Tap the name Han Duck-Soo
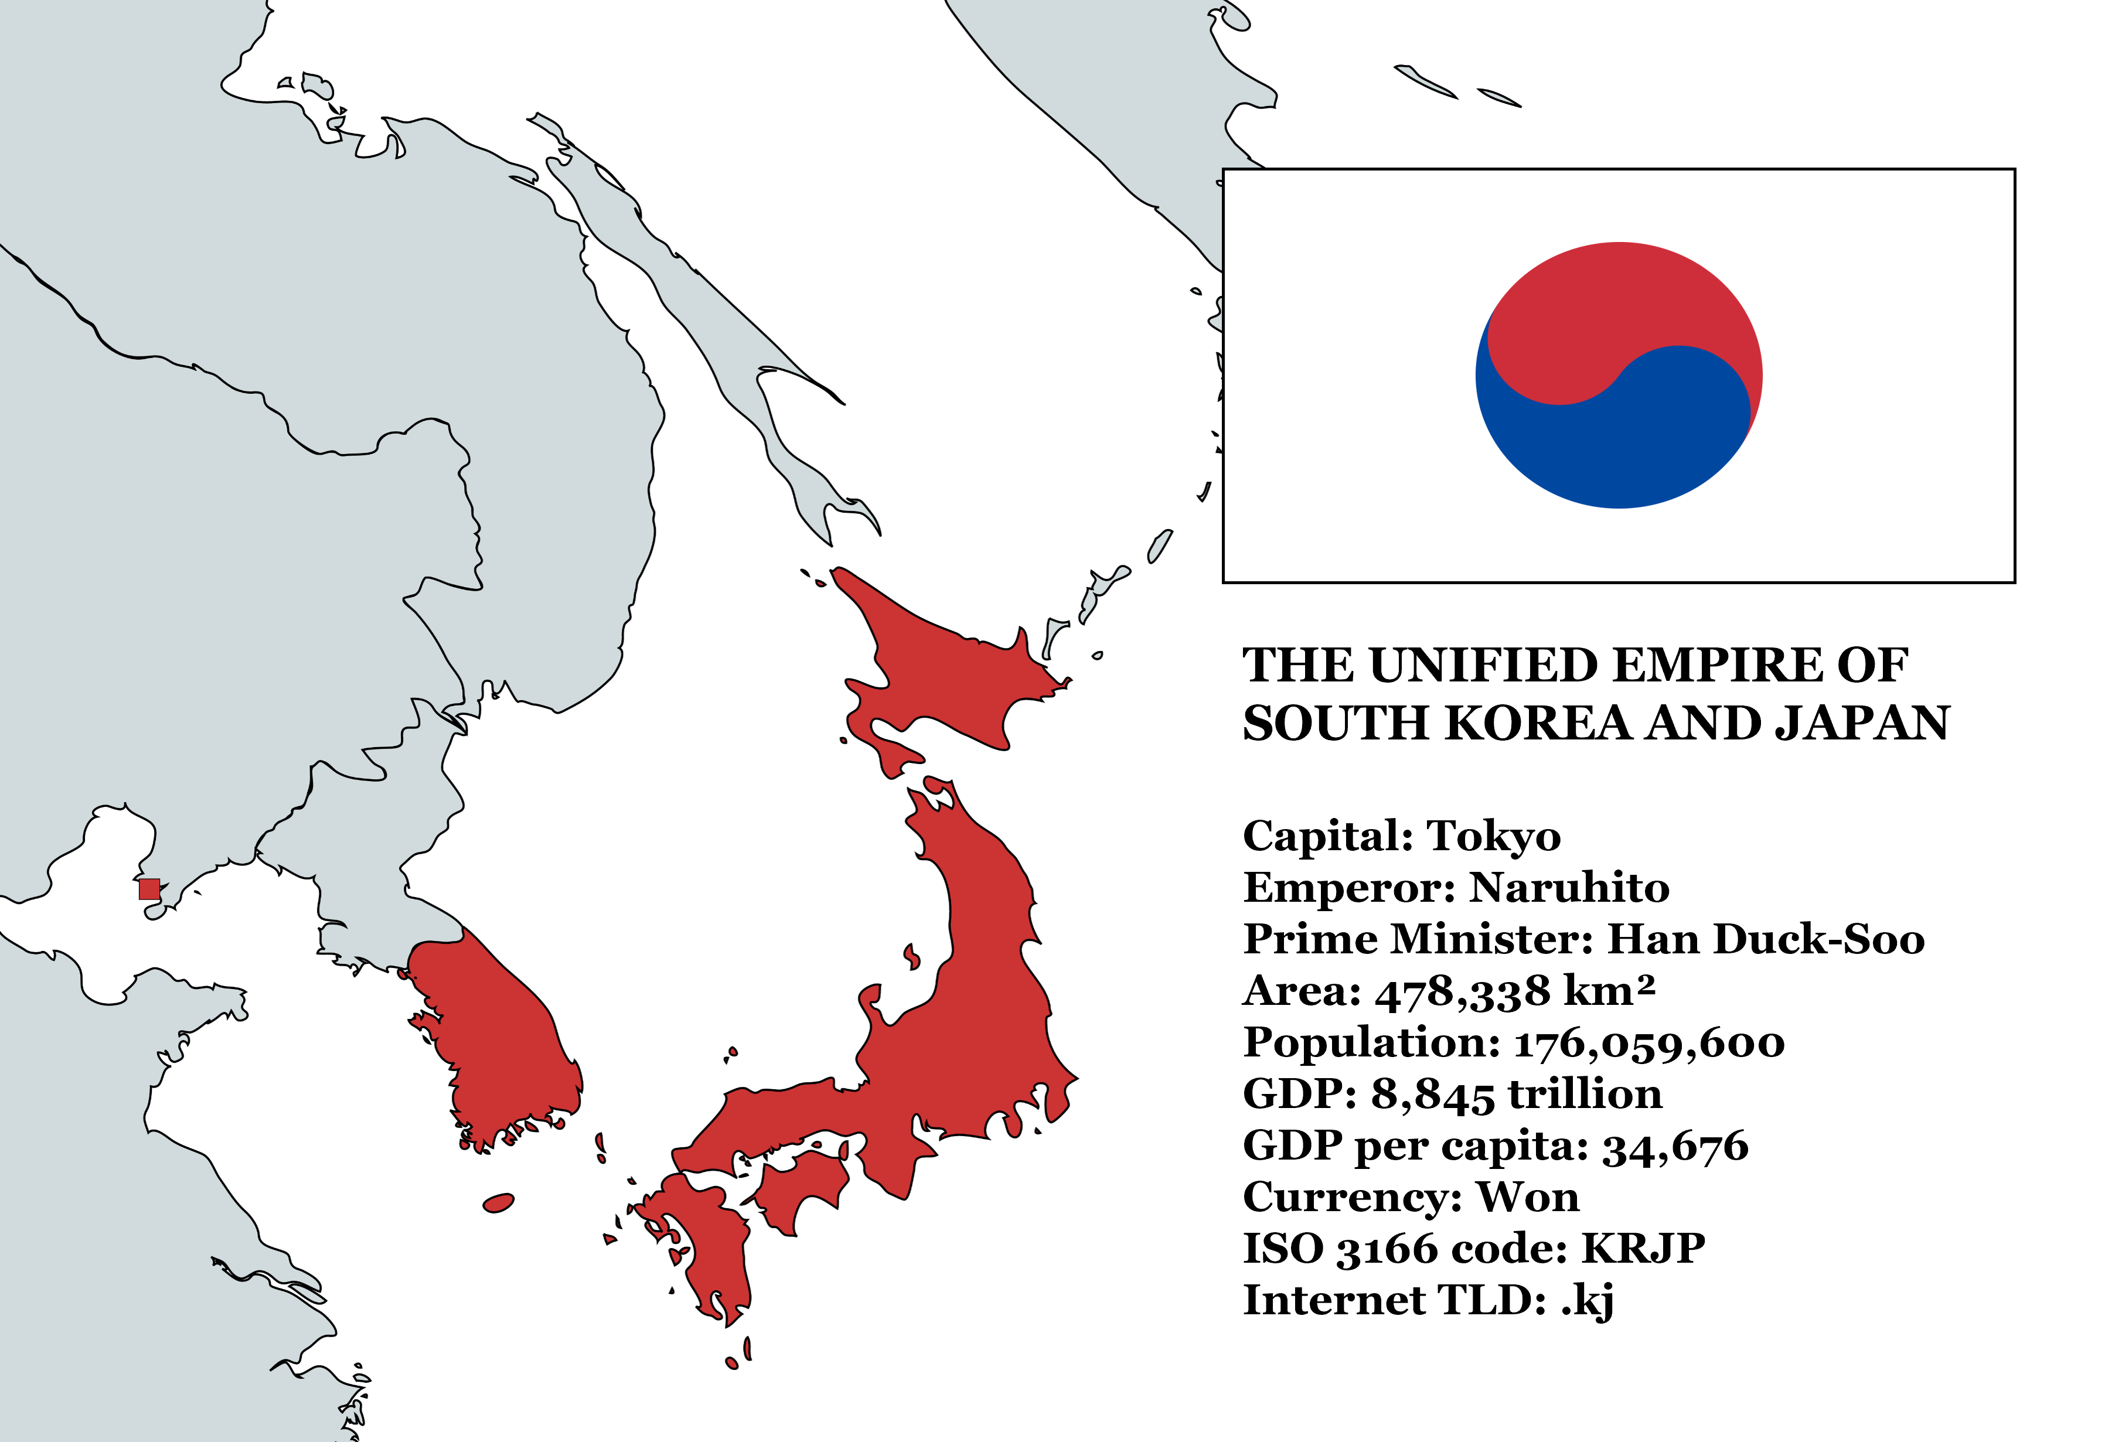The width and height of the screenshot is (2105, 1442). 1765,939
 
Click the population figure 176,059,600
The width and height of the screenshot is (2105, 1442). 1650,1044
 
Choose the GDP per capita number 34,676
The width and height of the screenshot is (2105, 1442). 1675,1147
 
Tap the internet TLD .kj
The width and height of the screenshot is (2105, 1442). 1587,1301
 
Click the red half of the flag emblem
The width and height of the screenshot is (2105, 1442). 1622,308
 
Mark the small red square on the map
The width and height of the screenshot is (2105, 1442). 149,888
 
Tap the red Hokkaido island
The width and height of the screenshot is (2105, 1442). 942,670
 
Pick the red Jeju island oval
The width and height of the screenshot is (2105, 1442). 498,1203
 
